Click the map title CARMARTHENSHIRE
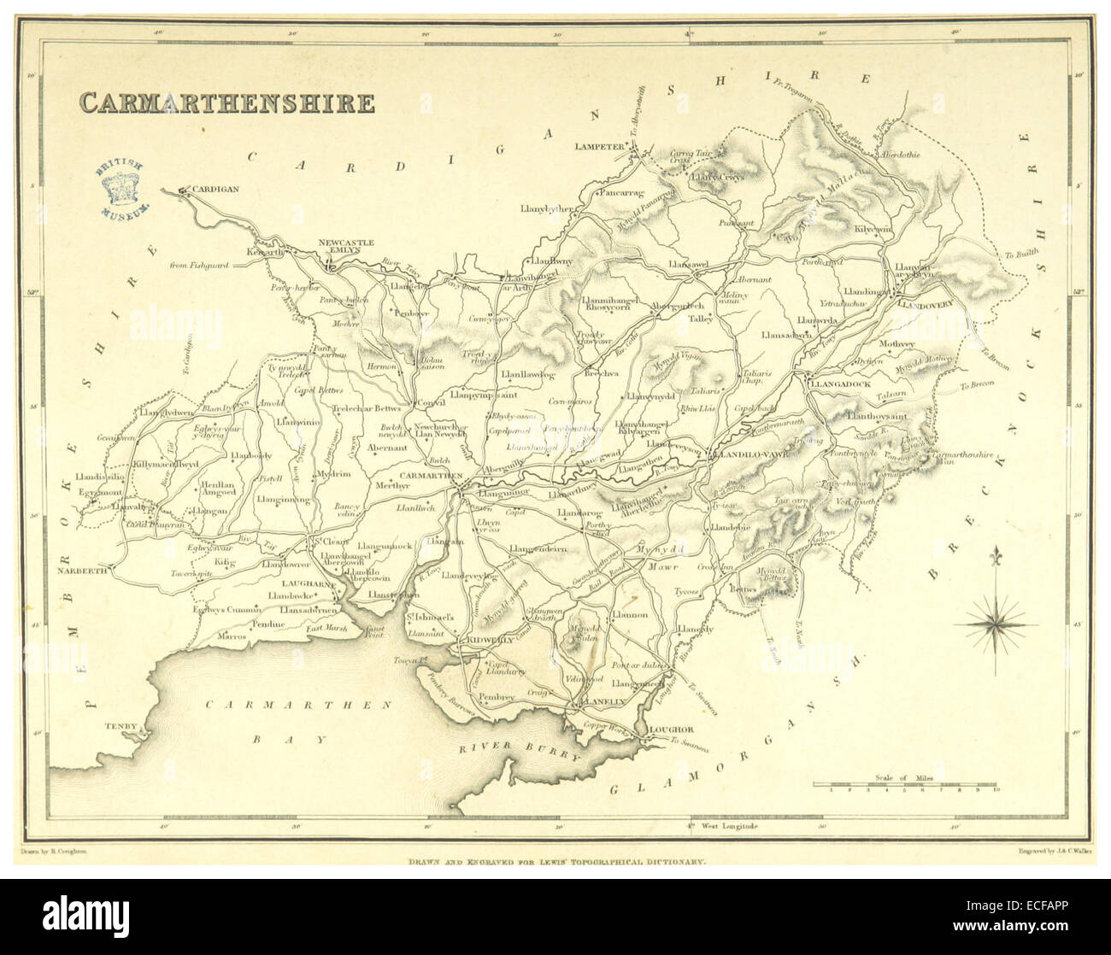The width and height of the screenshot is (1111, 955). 226,103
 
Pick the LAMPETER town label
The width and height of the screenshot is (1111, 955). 601,146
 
